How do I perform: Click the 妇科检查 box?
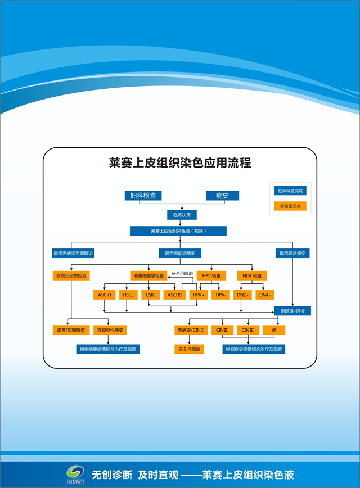pos(143,196)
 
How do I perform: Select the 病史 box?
pos(222,196)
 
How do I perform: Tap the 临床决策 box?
pos(181,215)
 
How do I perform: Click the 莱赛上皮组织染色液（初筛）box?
pos(178,231)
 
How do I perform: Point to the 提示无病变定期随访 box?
pos(73,254)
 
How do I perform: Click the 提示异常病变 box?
pos(292,254)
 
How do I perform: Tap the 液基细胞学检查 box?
pos(148,276)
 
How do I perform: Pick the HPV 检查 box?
pos(211,276)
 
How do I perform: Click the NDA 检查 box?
pos(251,276)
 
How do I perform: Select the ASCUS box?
pos(174,295)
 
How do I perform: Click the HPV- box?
pos(220,295)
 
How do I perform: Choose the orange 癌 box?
pos(274,330)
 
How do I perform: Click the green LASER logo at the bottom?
pos(75,474)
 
